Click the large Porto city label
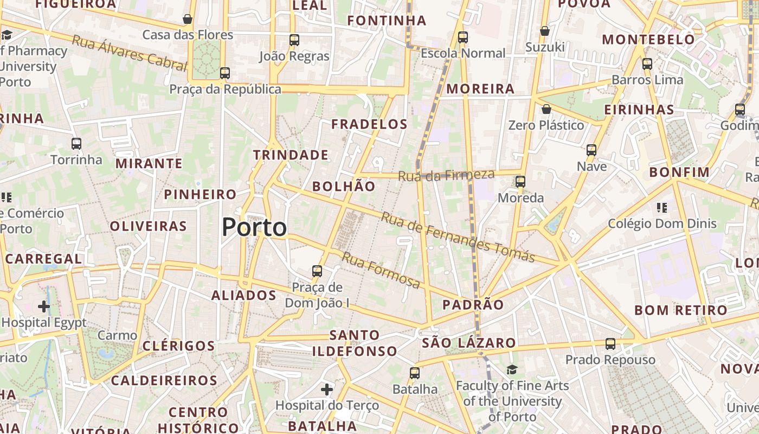click(x=254, y=227)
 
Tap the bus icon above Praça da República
click(x=224, y=73)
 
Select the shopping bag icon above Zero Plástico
click(x=546, y=109)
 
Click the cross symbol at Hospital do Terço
click(x=326, y=389)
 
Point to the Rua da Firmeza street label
click(x=446, y=175)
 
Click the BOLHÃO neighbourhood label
click(x=344, y=187)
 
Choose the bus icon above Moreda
click(x=520, y=181)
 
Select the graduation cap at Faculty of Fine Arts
click(x=512, y=369)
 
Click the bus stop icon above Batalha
click(x=415, y=373)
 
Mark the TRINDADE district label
click(x=291, y=155)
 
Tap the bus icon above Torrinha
click(x=76, y=144)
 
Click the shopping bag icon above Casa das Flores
click(x=188, y=19)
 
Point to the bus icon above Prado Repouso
click(x=610, y=343)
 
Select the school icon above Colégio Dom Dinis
click(x=661, y=207)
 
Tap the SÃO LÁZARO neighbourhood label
click(x=468, y=343)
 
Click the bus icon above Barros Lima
click(x=647, y=63)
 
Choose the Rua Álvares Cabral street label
click(x=130, y=53)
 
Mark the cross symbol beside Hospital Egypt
click(x=44, y=307)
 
